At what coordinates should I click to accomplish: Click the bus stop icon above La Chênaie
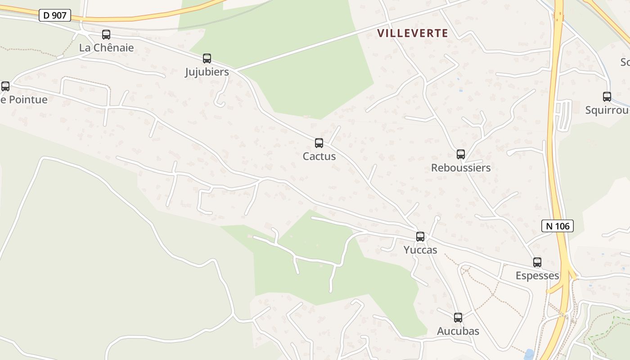pyautogui.click(x=106, y=35)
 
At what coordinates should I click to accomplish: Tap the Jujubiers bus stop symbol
pyautogui.click(x=207, y=58)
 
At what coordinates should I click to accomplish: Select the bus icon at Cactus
pyautogui.click(x=319, y=143)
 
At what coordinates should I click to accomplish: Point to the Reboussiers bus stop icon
pyautogui.click(x=461, y=154)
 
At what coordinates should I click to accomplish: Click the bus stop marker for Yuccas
pyautogui.click(x=420, y=237)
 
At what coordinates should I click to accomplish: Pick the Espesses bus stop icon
pyautogui.click(x=537, y=262)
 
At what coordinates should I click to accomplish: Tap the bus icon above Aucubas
pyautogui.click(x=458, y=318)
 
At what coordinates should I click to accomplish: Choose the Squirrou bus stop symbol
pyautogui.click(x=607, y=97)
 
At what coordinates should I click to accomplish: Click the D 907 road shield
pyautogui.click(x=55, y=15)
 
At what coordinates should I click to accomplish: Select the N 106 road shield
pyautogui.click(x=558, y=226)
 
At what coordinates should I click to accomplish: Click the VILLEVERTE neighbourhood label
pyautogui.click(x=413, y=33)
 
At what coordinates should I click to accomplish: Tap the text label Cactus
pyautogui.click(x=319, y=157)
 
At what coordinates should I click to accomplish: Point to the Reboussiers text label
pyautogui.click(x=461, y=168)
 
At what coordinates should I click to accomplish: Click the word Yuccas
pyautogui.click(x=420, y=250)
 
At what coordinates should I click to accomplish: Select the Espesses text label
pyautogui.click(x=537, y=276)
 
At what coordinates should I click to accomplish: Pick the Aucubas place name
pyautogui.click(x=458, y=332)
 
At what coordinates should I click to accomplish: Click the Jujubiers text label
pyautogui.click(x=207, y=72)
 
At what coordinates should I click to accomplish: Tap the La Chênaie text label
pyautogui.click(x=106, y=48)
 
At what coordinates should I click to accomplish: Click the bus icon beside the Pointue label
pyautogui.click(x=5, y=86)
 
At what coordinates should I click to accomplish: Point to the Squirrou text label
pyautogui.click(x=607, y=110)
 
